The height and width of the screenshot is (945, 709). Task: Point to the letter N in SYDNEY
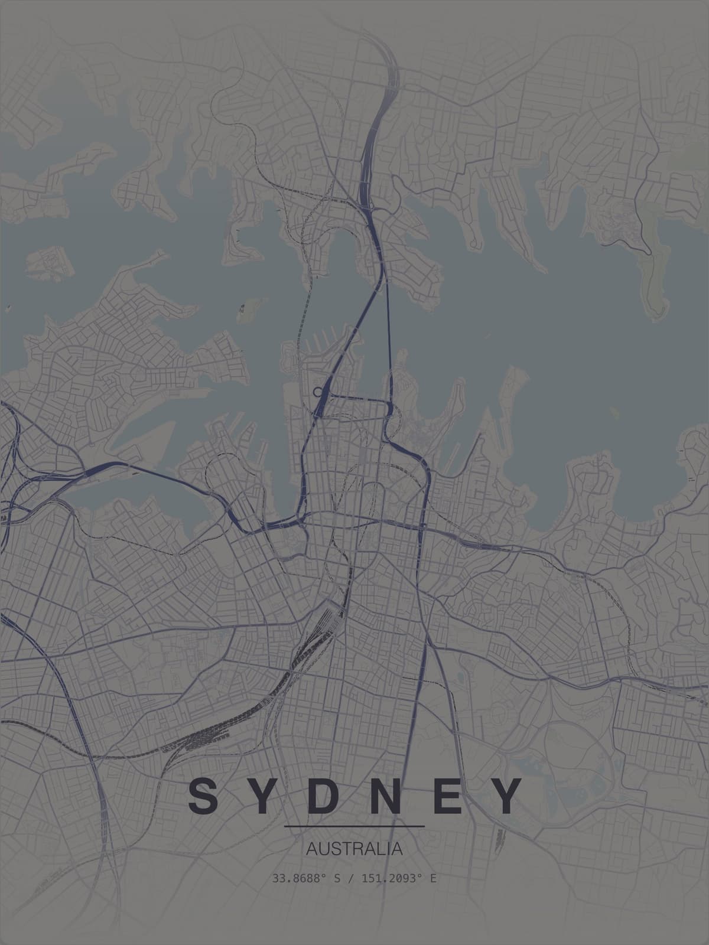pyautogui.click(x=385, y=796)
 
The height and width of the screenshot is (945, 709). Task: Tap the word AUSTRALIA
pyautogui.click(x=354, y=849)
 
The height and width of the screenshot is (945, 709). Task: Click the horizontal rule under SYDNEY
pyautogui.click(x=354, y=826)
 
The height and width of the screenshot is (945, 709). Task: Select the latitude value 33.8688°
pyautogui.click(x=299, y=878)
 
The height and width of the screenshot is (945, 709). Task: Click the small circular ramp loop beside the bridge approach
pyautogui.click(x=318, y=391)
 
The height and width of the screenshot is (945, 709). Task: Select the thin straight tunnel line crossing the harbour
pyautogui.click(x=388, y=331)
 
